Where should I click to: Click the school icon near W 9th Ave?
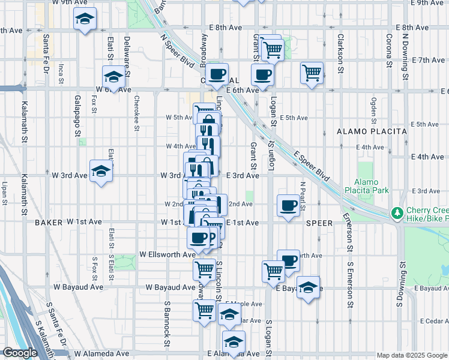tap(85, 19)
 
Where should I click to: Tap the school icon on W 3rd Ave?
tap(101, 171)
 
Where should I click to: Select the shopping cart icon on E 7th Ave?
tap(312, 73)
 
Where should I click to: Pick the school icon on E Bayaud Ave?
tap(308, 287)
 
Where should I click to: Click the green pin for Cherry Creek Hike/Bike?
tap(396, 213)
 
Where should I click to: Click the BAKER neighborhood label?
tap(49, 222)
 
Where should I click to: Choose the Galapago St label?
tap(77, 113)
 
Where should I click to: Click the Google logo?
tap(20, 353)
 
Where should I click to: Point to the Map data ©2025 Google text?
tap(411, 355)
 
